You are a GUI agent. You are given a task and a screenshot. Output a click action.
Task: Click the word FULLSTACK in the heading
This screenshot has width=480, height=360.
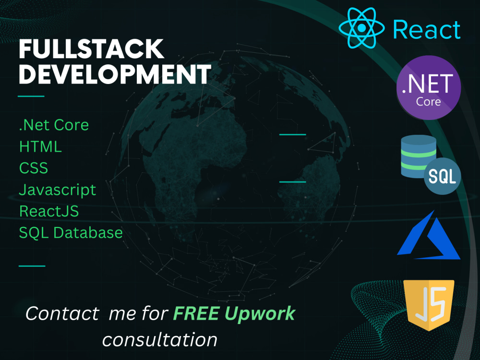(91, 50)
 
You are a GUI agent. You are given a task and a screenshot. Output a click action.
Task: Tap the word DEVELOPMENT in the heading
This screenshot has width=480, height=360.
(115, 74)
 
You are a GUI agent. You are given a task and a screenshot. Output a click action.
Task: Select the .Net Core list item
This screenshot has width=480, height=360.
(54, 125)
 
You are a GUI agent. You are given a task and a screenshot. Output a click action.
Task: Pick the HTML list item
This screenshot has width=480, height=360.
(40, 146)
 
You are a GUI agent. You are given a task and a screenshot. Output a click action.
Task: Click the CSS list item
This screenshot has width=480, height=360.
(34, 168)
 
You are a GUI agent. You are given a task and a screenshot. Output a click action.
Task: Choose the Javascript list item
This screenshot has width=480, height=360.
(58, 190)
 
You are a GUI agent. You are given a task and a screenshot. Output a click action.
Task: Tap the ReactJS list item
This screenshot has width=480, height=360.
(49, 211)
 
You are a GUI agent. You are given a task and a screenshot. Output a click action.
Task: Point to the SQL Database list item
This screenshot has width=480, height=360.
(71, 233)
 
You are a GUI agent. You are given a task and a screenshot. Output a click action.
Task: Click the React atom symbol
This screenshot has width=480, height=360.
(360, 28)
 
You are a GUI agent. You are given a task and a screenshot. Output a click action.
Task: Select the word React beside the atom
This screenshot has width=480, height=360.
(427, 29)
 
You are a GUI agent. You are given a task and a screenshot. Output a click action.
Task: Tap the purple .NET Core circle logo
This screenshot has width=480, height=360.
(429, 87)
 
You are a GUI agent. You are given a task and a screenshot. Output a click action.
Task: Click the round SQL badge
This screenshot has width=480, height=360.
(442, 176)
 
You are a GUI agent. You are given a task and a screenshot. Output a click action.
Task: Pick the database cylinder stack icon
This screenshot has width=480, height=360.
(418, 156)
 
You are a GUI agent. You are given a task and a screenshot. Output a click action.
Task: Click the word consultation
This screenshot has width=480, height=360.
(160, 340)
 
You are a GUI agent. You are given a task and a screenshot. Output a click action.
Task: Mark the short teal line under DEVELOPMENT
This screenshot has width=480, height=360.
(31, 96)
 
